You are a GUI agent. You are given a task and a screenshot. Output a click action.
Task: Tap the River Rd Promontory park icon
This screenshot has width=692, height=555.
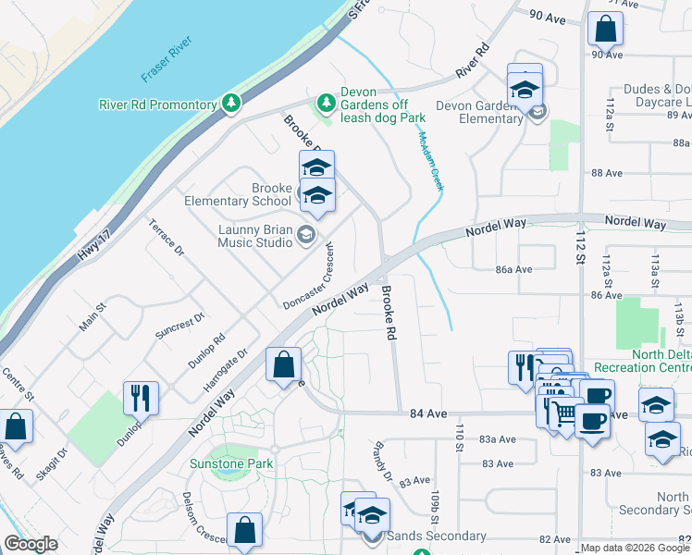point(231,104)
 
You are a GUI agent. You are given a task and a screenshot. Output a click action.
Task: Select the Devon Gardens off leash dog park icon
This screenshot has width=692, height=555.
point(325,102)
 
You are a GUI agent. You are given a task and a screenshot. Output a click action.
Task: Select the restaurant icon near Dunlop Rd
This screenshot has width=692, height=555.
point(141,398)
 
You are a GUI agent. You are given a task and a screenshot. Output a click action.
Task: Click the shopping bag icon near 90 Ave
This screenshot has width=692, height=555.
point(605,29)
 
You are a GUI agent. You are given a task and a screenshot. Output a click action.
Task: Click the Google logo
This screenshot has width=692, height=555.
point(31,544)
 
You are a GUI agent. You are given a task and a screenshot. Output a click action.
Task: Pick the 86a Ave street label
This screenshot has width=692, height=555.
point(514,270)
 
